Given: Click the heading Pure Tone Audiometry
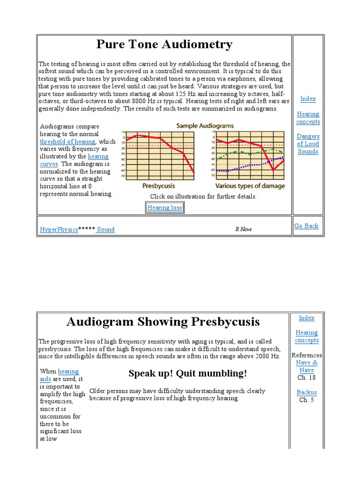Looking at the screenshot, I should (x=164, y=45).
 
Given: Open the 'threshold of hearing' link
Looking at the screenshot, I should (x=67, y=142).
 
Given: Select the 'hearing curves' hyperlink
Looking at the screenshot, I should (x=98, y=157).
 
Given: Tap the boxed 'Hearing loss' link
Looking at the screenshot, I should (x=165, y=208).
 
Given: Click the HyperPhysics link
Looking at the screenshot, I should (x=59, y=229).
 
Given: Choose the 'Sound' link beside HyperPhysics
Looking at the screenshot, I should (x=105, y=229).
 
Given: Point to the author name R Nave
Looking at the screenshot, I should (x=243, y=229).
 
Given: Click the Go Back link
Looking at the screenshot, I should (x=306, y=226).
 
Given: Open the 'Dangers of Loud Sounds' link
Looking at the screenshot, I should (x=308, y=144).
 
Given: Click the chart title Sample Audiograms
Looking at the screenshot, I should (x=204, y=126).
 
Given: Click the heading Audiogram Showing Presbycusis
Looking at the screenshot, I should (x=163, y=322).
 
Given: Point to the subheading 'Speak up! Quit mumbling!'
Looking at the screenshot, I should (x=187, y=374).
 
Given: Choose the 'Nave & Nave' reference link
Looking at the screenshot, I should (x=307, y=366).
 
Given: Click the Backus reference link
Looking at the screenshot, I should (x=307, y=392).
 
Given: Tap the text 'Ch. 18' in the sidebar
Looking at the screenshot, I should (x=307, y=377).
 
